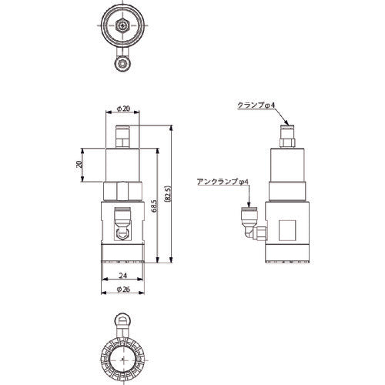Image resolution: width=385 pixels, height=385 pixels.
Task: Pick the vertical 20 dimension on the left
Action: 79,165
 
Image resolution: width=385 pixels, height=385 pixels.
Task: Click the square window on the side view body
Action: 291,229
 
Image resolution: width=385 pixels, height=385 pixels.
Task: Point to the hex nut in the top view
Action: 122,25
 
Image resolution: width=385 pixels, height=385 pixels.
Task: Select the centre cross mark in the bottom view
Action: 122,357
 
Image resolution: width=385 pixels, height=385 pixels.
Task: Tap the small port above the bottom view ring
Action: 122,318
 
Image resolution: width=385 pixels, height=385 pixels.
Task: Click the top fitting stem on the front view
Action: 122,137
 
